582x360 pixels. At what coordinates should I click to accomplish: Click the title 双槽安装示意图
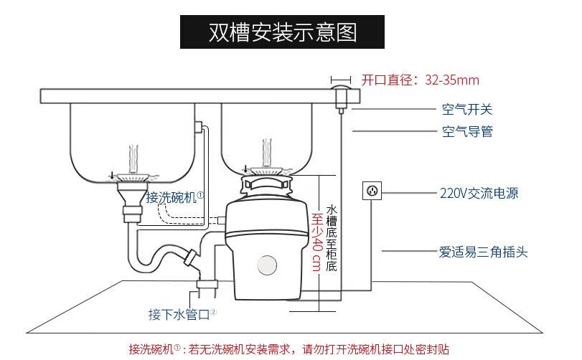[282, 33]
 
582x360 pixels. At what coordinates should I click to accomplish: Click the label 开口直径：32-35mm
[420, 80]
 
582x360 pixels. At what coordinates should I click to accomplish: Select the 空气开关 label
[466, 110]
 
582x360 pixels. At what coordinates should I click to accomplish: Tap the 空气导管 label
[466, 132]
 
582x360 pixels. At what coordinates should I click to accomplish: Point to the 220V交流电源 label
[479, 194]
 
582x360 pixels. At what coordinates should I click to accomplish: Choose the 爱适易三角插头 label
[484, 252]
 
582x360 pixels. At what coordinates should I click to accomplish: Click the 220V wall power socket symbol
[372, 191]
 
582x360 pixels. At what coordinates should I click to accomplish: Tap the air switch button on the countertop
[340, 95]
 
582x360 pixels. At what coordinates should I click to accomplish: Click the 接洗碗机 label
[175, 196]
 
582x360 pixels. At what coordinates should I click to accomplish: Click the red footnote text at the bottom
[288, 350]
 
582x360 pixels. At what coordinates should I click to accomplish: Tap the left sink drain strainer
[131, 177]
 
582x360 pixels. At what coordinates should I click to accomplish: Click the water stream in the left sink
[131, 156]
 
